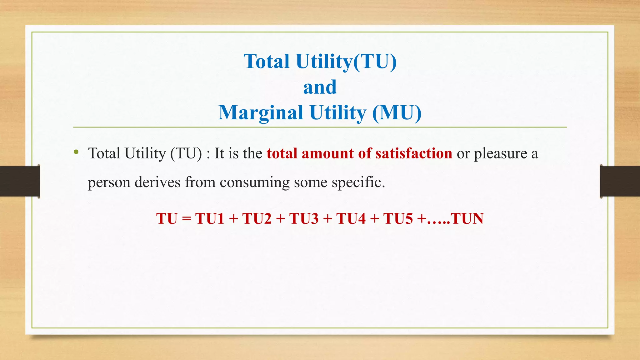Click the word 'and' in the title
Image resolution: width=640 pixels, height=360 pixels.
320,87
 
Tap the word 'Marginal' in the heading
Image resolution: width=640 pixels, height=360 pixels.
261,113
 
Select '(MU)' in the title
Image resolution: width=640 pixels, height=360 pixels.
397,113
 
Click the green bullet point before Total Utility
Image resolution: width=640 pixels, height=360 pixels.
76,152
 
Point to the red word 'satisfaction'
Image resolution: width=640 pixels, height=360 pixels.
414,153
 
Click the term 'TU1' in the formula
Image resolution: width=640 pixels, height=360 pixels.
210,218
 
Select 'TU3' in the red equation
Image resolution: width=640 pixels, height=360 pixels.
304,218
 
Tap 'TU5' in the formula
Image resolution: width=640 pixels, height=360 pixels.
398,218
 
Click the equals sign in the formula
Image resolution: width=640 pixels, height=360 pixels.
186,218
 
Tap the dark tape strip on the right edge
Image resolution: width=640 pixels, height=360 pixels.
620,181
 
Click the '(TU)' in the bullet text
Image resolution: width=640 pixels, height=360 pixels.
186,153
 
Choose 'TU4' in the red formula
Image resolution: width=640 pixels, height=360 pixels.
351,218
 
